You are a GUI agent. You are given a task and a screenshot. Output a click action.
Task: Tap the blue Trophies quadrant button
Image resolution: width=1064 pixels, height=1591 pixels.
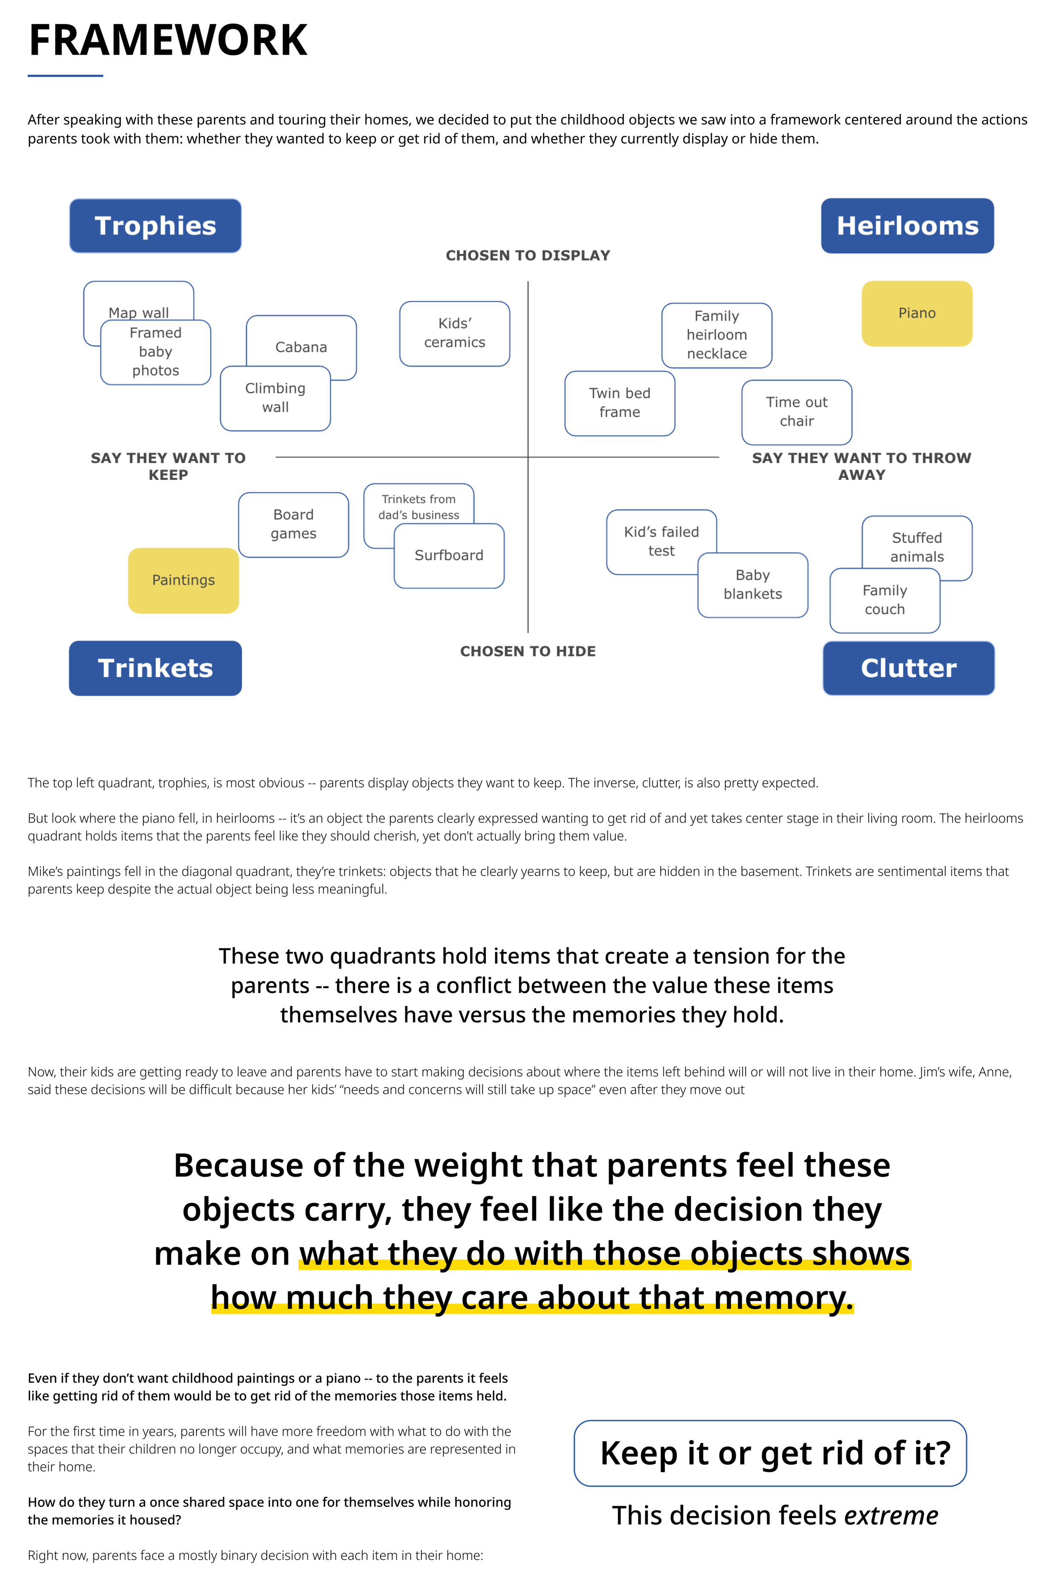coord(155,226)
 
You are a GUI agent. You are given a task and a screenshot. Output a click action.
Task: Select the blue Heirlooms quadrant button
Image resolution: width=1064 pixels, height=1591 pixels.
coord(907,226)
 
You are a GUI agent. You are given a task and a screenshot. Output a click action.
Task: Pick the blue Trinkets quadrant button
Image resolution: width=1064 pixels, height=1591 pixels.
coord(155,668)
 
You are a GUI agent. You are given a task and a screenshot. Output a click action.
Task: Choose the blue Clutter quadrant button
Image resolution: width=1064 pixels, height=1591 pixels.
coord(909,668)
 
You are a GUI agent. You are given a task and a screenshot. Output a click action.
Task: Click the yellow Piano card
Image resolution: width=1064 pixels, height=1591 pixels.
coord(917,314)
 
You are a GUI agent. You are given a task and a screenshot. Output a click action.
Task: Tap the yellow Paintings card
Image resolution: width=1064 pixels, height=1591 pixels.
coord(183,580)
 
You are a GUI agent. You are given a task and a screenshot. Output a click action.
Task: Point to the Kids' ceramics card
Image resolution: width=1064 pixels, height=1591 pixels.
coord(455,333)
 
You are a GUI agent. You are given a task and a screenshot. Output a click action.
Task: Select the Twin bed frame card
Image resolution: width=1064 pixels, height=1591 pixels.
coord(620,403)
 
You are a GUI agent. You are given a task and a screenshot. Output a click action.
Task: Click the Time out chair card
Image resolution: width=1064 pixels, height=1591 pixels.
coord(797,412)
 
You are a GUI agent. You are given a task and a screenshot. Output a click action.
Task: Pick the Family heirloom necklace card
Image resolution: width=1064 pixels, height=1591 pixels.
coord(717,335)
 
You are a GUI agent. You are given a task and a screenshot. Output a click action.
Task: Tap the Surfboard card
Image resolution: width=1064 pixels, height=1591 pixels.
coord(449,556)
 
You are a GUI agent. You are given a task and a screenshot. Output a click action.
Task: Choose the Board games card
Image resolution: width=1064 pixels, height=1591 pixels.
coord(293,525)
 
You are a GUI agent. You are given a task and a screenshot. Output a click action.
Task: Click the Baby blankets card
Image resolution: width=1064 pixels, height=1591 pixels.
coord(752,585)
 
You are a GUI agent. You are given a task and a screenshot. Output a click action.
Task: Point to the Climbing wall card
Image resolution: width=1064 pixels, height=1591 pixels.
coord(275,398)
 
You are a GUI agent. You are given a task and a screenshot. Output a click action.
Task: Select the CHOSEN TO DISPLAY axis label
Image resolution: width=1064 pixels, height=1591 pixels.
coord(528,256)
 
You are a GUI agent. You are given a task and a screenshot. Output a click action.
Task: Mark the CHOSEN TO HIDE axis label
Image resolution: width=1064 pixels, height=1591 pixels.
coord(528,652)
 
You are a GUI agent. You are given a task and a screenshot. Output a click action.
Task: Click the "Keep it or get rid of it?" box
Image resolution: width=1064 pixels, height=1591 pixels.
coord(770,1453)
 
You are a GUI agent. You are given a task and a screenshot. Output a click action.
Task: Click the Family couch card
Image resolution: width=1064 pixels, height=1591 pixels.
coord(884,601)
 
